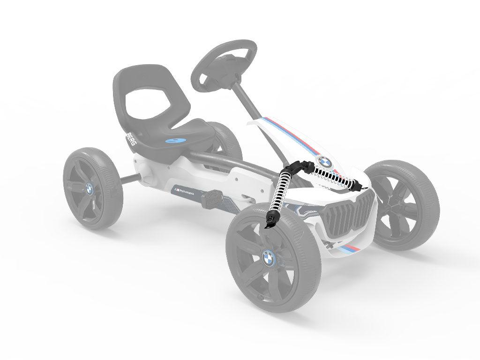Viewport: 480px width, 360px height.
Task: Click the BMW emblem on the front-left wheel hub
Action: [267, 257]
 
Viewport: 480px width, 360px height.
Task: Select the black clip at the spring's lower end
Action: [271, 220]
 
